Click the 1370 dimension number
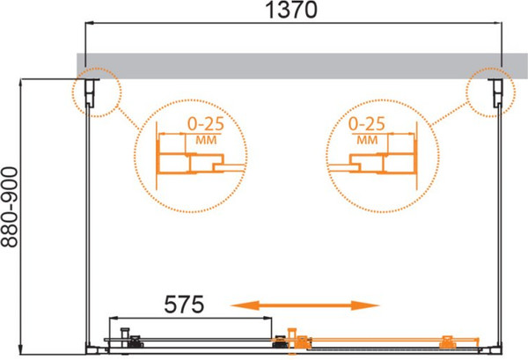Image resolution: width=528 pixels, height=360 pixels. (x=291, y=10)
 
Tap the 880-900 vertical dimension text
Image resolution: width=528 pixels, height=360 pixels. (x=9, y=208)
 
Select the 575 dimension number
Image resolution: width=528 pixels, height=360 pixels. (x=184, y=305)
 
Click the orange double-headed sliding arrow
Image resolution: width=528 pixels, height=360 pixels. (x=305, y=305)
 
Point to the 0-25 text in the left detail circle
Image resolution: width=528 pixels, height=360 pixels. (x=206, y=123)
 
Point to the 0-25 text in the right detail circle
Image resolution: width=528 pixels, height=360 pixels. (x=366, y=123)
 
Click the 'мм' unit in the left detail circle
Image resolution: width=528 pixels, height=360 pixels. (x=206, y=140)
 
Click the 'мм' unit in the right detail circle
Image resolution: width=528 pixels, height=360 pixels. (x=367, y=140)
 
